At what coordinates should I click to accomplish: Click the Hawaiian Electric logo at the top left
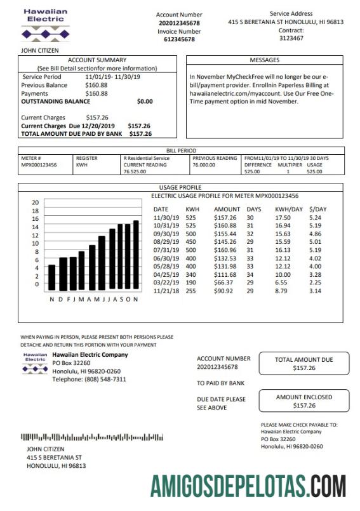click(x=45, y=25)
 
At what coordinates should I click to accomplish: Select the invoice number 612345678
click(x=179, y=39)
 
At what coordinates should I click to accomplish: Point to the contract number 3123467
click(x=291, y=38)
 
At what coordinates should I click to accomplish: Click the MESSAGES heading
click(x=264, y=60)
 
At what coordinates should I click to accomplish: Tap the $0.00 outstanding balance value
click(x=145, y=101)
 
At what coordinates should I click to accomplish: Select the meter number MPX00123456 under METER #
click(x=39, y=164)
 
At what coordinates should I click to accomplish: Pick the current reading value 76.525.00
click(x=135, y=171)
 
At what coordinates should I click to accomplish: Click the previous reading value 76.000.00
click(x=204, y=164)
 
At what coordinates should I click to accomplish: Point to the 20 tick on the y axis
click(x=36, y=202)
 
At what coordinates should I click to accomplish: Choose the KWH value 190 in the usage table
click(x=191, y=283)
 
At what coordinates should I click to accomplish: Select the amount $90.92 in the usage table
click(x=227, y=291)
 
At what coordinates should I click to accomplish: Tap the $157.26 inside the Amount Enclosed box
click(x=303, y=405)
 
